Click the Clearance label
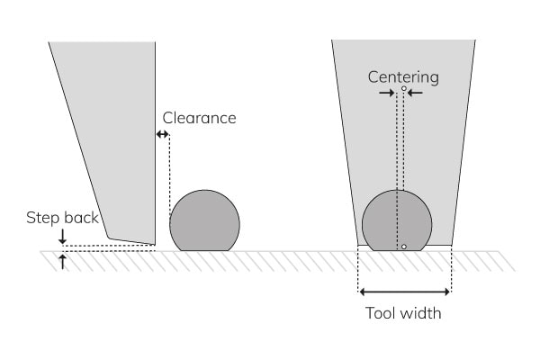pyautogui.click(x=199, y=118)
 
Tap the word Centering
pyautogui.click(x=403, y=76)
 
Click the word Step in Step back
pyautogui.click(x=41, y=218)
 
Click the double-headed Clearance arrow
pyautogui.click(x=163, y=134)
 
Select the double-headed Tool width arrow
pyautogui.click(x=404, y=292)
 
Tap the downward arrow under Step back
pyautogui.click(x=61, y=237)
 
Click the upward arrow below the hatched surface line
pyautogui.click(x=61, y=262)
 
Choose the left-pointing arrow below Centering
pyautogui.click(x=415, y=92)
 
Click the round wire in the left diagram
pyautogui.click(x=205, y=221)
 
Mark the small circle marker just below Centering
pyautogui.click(x=404, y=88)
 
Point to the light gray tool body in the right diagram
pyautogui.click(x=360, y=135)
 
